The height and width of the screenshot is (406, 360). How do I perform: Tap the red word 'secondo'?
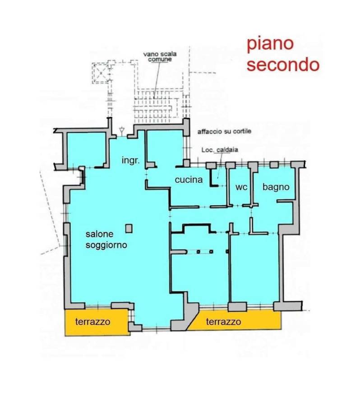tap(282, 65)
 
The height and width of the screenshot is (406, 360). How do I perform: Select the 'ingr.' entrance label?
tap(130, 161)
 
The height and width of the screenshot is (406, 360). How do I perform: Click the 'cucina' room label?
tap(189, 180)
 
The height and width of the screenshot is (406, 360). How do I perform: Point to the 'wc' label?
tap(241, 187)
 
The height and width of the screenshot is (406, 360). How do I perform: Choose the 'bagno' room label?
tap(276, 187)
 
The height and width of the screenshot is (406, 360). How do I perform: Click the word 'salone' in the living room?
tap(99, 234)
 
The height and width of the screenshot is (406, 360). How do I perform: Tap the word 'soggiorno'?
tap(106, 245)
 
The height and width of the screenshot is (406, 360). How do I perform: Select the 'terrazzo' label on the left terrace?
tap(92, 322)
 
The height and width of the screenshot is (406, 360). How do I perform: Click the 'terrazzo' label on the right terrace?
tap(223, 322)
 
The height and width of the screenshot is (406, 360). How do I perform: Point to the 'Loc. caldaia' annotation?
tap(220, 150)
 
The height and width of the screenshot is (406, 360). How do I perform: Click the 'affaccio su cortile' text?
tap(224, 131)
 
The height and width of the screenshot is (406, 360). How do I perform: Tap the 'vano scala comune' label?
tap(160, 57)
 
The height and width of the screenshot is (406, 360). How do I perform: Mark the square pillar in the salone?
tap(129, 229)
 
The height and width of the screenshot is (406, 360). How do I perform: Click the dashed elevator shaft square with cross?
tap(101, 73)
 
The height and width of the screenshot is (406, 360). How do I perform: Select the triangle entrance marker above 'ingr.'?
tap(121, 130)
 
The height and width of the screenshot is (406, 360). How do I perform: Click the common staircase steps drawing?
tap(155, 106)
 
